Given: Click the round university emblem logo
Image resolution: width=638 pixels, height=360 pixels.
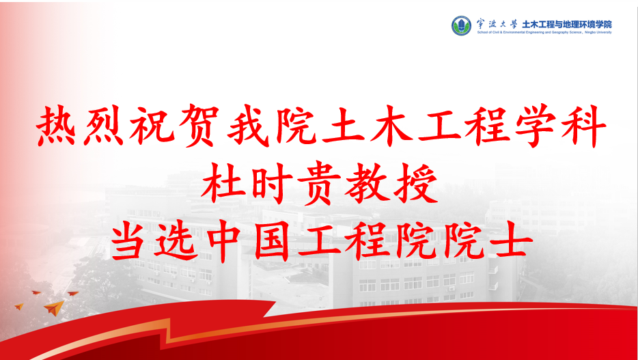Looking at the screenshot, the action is coord(461,26).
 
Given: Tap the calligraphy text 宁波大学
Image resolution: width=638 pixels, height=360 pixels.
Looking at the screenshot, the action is coord(496,23).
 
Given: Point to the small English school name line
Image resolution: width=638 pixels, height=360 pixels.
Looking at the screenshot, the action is coord(544,32).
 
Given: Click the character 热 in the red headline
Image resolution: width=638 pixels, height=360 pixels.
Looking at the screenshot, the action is coord(57,125).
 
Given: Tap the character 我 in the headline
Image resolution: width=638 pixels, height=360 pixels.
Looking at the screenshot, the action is coord(247,125).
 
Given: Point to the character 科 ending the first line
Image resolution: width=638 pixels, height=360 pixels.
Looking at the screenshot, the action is coord(583,125).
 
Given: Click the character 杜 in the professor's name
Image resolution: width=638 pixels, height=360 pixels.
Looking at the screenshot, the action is coord(223,186).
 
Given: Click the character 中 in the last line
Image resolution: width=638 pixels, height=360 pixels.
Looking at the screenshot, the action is coord(225,243).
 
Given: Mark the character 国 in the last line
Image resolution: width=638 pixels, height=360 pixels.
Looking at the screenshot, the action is coord(271,243).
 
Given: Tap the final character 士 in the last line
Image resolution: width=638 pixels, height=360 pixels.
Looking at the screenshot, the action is coord(512,243).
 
